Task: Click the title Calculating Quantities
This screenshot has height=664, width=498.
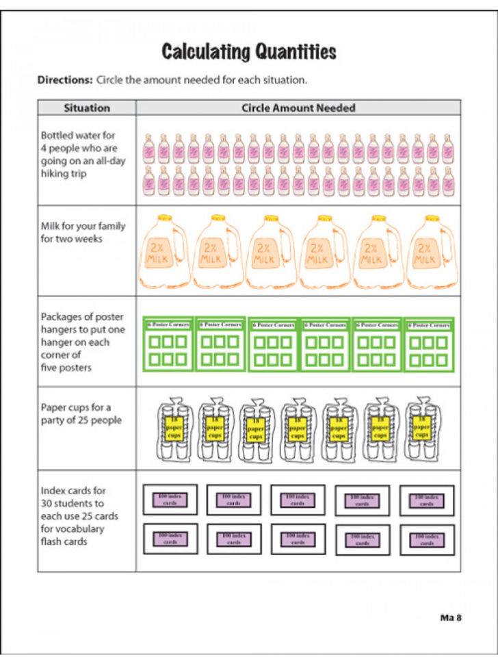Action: [249, 51]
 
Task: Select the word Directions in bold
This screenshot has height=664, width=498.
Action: [64, 80]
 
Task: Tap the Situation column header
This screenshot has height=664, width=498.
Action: [87, 108]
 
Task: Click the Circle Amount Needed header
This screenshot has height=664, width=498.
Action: [298, 108]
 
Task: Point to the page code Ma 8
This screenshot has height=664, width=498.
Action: [451, 617]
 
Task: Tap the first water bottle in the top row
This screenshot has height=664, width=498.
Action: [148, 148]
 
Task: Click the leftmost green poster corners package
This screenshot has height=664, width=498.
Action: [169, 344]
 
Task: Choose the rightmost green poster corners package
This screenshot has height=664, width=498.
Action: [429, 344]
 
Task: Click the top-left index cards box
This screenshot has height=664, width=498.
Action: [170, 500]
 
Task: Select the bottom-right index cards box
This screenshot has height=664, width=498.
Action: [427, 539]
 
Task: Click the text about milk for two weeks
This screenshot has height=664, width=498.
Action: [83, 232]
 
